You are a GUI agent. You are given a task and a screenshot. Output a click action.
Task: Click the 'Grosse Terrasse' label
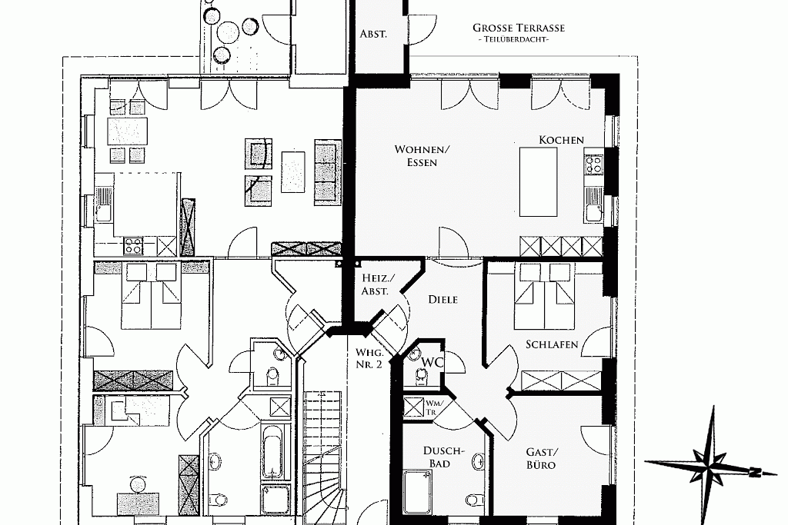[x=519, y=28]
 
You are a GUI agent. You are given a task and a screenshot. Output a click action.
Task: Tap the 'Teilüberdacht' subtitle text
[x=513, y=39]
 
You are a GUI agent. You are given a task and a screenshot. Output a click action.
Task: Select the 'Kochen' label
[x=561, y=140]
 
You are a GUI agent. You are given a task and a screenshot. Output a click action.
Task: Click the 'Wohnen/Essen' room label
[x=422, y=155]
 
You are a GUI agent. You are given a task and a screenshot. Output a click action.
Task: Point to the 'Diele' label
[x=442, y=299]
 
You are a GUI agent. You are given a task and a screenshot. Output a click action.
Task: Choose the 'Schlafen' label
[x=552, y=344]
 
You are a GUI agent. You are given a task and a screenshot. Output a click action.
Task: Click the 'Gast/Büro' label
[x=541, y=458]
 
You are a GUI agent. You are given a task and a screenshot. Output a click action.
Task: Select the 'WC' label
[x=432, y=362]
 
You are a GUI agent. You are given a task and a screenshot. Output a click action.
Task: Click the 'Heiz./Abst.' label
[x=379, y=284]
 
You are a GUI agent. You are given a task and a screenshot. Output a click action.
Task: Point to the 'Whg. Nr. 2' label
[x=369, y=358]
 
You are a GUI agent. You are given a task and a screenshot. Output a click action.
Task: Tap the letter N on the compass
[x=754, y=472]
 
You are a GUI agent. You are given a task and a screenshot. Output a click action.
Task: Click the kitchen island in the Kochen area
[x=538, y=181]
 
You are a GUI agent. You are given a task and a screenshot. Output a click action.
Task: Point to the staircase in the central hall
[x=324, y=457]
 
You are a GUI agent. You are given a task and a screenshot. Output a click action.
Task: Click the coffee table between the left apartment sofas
[x=293, y=171]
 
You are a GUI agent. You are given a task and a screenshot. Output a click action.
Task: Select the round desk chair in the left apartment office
[x=137, y=484]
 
